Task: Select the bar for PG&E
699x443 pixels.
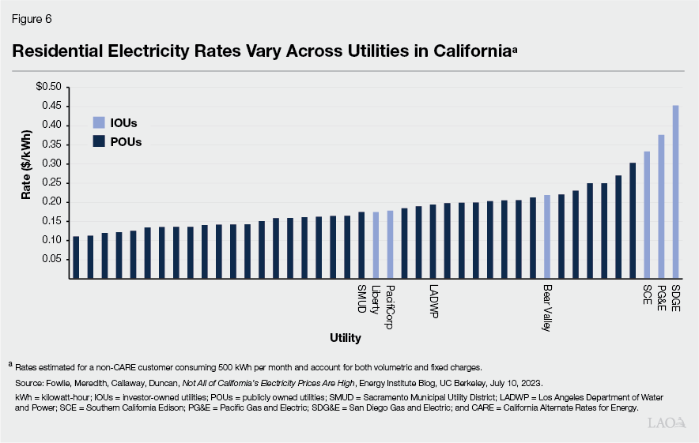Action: (661, 207)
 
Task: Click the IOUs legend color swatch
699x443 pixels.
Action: (99, 123)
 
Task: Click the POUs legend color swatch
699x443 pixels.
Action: (99, 141)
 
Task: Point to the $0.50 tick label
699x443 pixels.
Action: (48, 86)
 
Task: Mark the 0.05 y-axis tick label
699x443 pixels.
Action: (51, 259)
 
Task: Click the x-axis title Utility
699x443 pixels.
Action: (346, 339)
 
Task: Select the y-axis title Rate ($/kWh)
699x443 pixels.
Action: (26, 182)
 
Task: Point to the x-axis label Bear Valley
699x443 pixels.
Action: (547, 308)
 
